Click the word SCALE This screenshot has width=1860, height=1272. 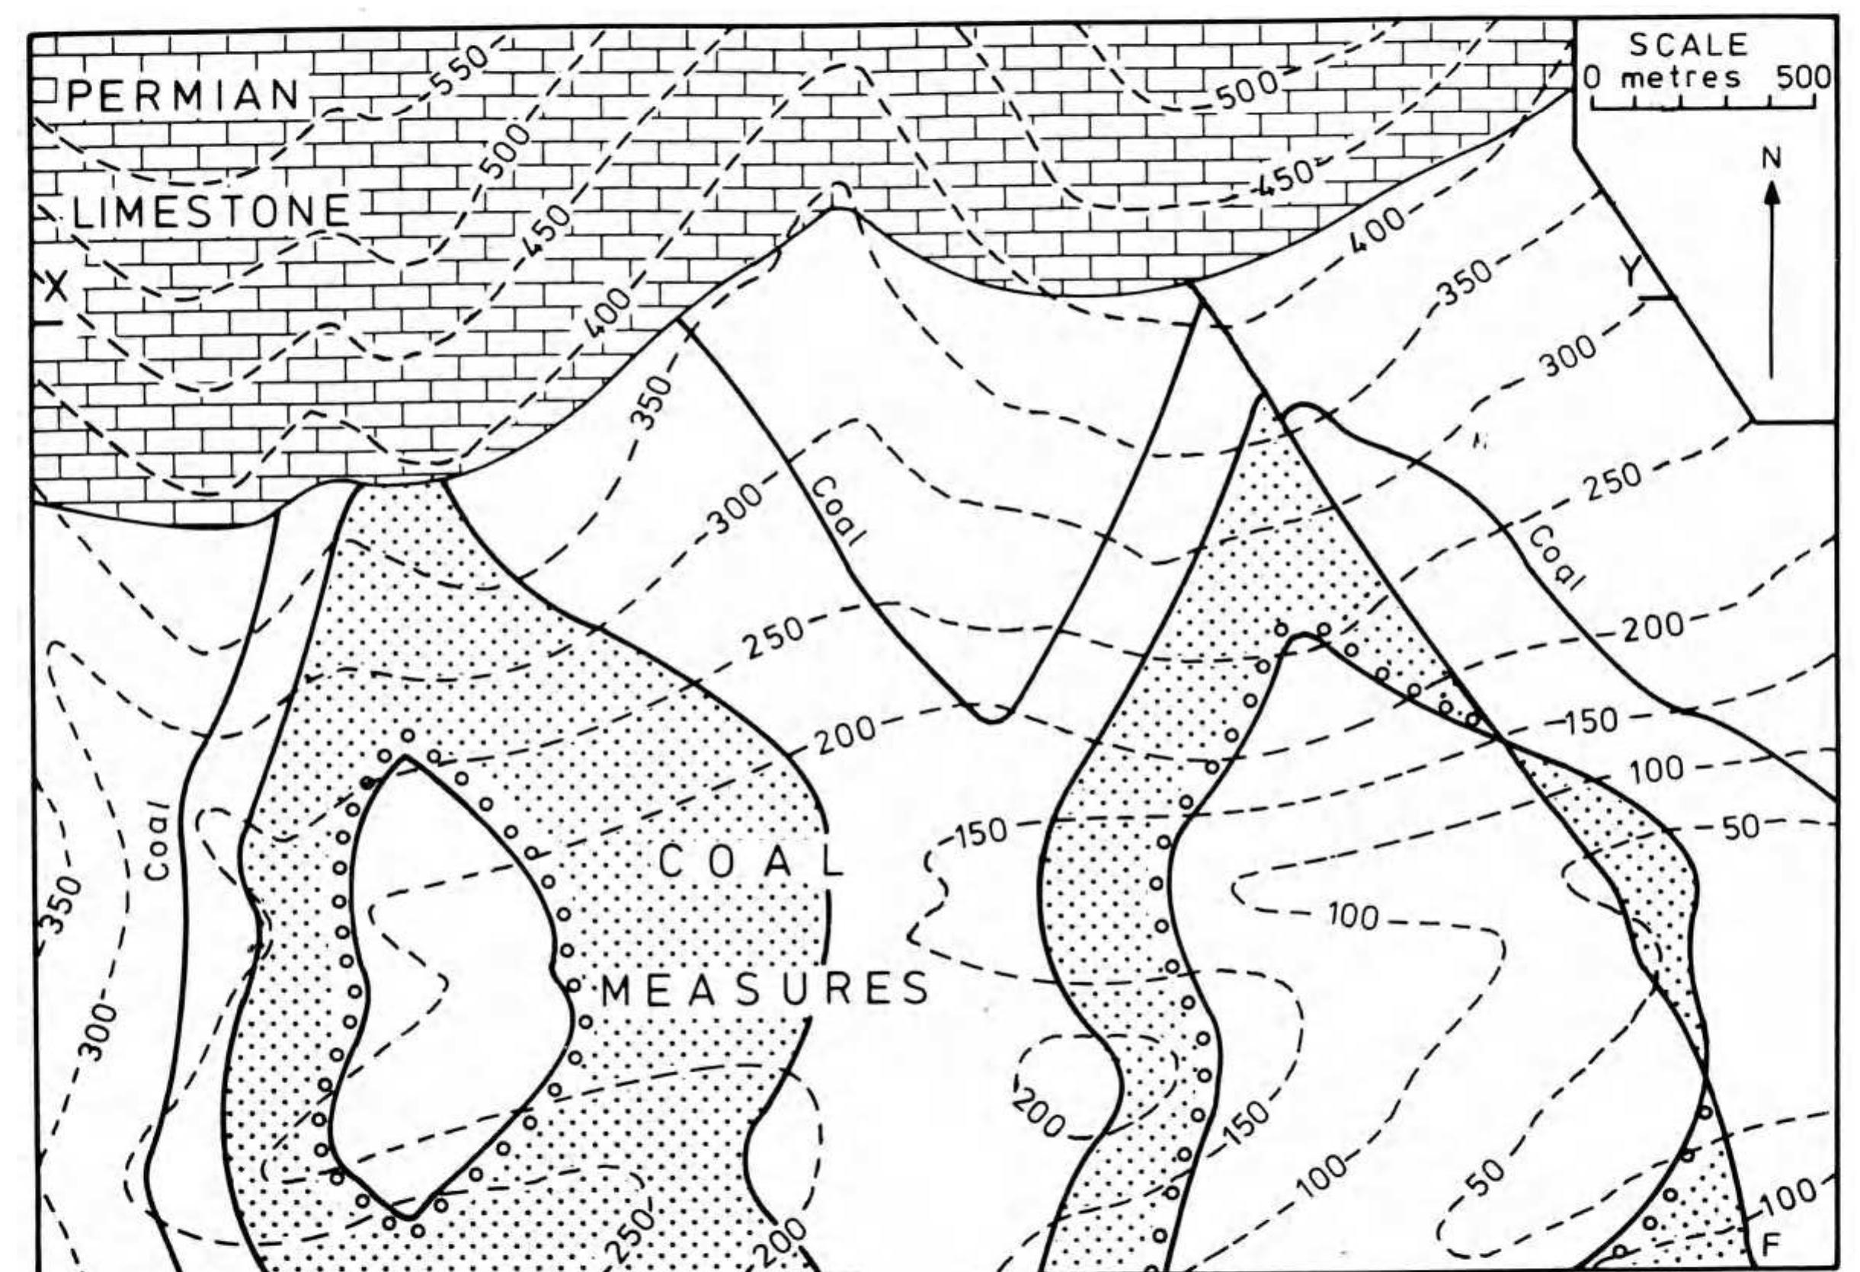(x=1689, y=45)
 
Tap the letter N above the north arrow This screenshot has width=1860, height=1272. (x=1770, y=159)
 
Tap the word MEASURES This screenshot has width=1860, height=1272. (x=764, y=991)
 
